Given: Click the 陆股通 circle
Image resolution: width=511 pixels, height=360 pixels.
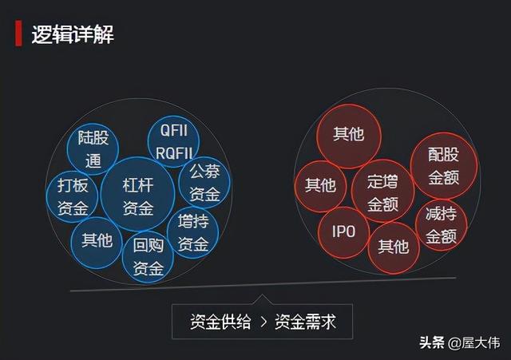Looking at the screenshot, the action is pos(93,149).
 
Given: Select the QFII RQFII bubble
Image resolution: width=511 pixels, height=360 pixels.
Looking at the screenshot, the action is pos(173,142).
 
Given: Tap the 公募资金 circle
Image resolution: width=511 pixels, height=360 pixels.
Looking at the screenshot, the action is pos(204,182).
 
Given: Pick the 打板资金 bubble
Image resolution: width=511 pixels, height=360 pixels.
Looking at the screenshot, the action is pos(73,197).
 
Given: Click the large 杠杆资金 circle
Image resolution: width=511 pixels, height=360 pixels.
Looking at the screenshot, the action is pos(138,195).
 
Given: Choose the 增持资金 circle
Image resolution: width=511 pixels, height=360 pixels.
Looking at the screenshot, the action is pos(193,232).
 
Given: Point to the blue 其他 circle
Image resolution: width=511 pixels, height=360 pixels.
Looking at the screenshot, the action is pos(97,243).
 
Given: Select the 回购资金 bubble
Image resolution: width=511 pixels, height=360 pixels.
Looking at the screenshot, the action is pos(148,256).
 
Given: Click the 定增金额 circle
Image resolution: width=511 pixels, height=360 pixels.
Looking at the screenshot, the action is pos(382,192).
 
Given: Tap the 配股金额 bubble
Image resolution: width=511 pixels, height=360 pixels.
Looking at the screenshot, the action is pos(444,166).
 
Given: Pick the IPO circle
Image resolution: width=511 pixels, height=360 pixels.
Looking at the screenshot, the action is pos(344,232).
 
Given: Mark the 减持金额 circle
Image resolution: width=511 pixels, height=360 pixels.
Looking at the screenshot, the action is pos(441,225).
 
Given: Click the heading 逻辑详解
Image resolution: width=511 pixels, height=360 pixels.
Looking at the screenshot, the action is pos(73,34).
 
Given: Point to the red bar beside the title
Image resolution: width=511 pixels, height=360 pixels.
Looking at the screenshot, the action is pos(18,33).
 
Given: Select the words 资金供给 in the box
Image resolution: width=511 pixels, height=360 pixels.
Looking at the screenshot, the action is pos(220,322).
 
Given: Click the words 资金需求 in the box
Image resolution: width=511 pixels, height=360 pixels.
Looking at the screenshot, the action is pos(305,322).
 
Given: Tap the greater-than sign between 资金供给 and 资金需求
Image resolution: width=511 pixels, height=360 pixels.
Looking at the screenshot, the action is pos(263,322).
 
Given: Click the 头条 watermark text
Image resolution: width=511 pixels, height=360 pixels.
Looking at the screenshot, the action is pos(432,342).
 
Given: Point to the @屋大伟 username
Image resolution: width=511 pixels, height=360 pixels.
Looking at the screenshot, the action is pos(473,343).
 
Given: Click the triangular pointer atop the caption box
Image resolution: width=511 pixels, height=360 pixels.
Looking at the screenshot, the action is pos(262,299).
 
